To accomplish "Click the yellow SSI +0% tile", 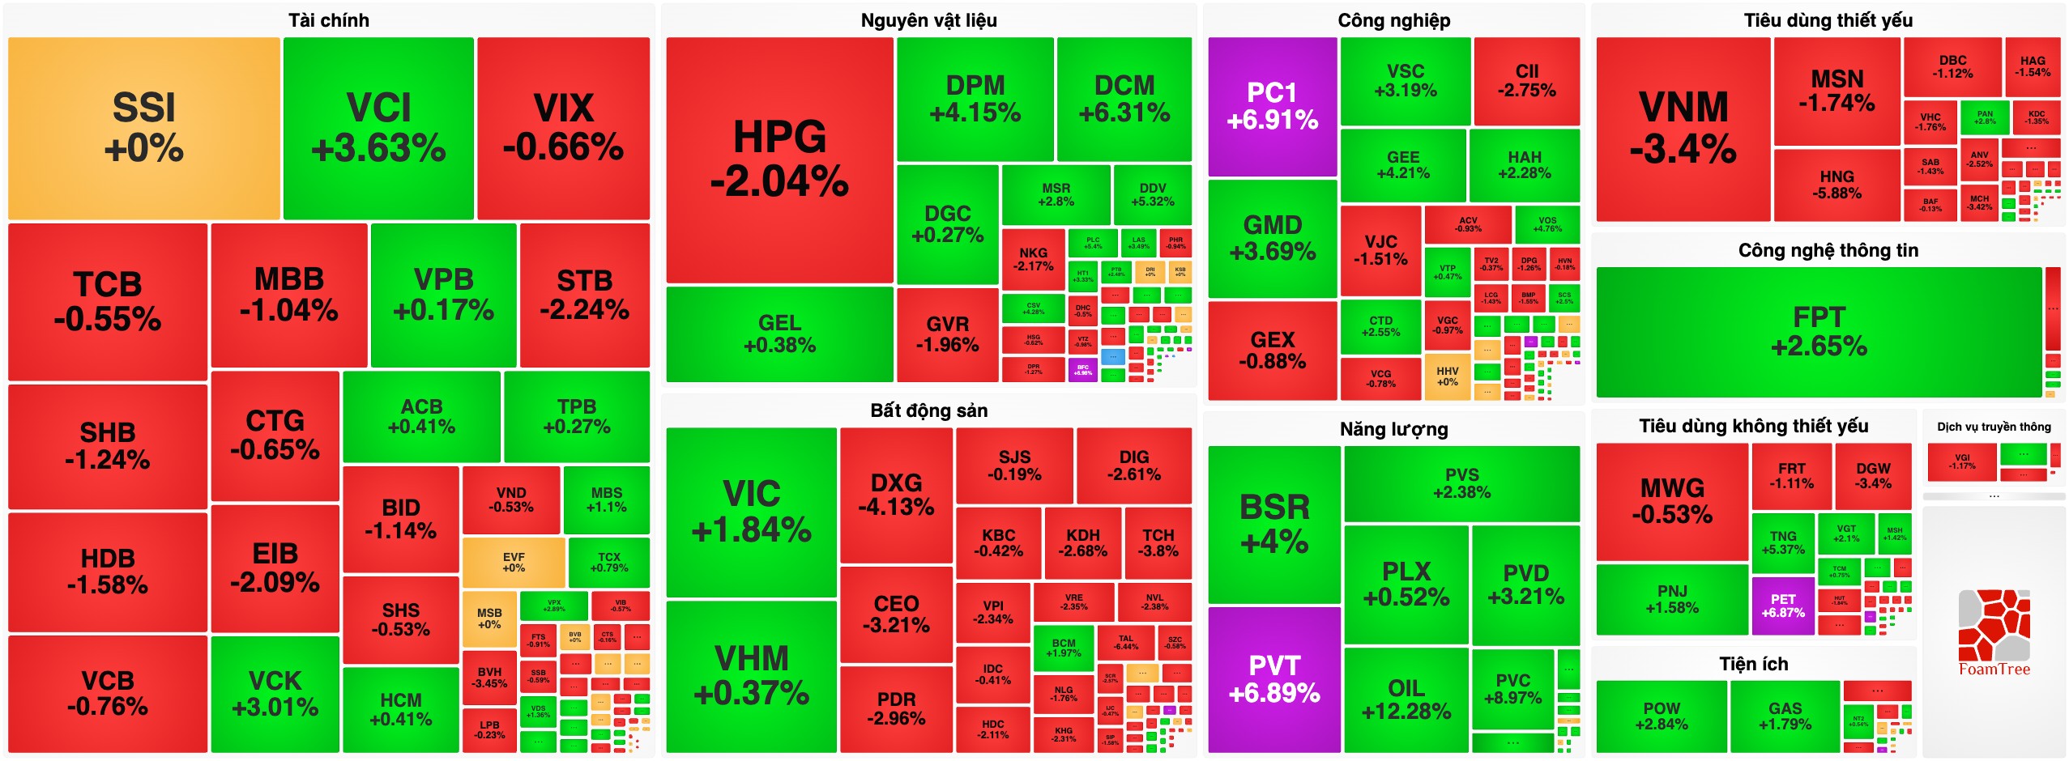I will point(143,128).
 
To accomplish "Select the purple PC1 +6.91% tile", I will point(1272,106).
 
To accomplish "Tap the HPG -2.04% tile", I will point(779,159).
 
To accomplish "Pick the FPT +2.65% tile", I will point(1819,332).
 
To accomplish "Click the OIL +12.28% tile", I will point(1406,699).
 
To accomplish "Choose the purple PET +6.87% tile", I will point(1783,606).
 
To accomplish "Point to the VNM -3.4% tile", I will point(1683,128).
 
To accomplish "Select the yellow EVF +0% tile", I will point(514,563).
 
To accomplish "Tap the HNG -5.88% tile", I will point(1837,185).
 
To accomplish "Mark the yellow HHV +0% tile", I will point(1447,376).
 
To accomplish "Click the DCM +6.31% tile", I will point(1124,98).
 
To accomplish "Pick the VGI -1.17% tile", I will point(1962,461).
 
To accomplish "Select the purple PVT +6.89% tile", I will point(1273,678).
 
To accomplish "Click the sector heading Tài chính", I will point(329,20).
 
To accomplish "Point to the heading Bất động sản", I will point(928,410).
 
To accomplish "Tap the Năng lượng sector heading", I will point(1393,429).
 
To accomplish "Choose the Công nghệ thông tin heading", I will point(1828,250).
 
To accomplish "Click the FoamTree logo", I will point(1994,632).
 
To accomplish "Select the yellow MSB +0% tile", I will point(489,619).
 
